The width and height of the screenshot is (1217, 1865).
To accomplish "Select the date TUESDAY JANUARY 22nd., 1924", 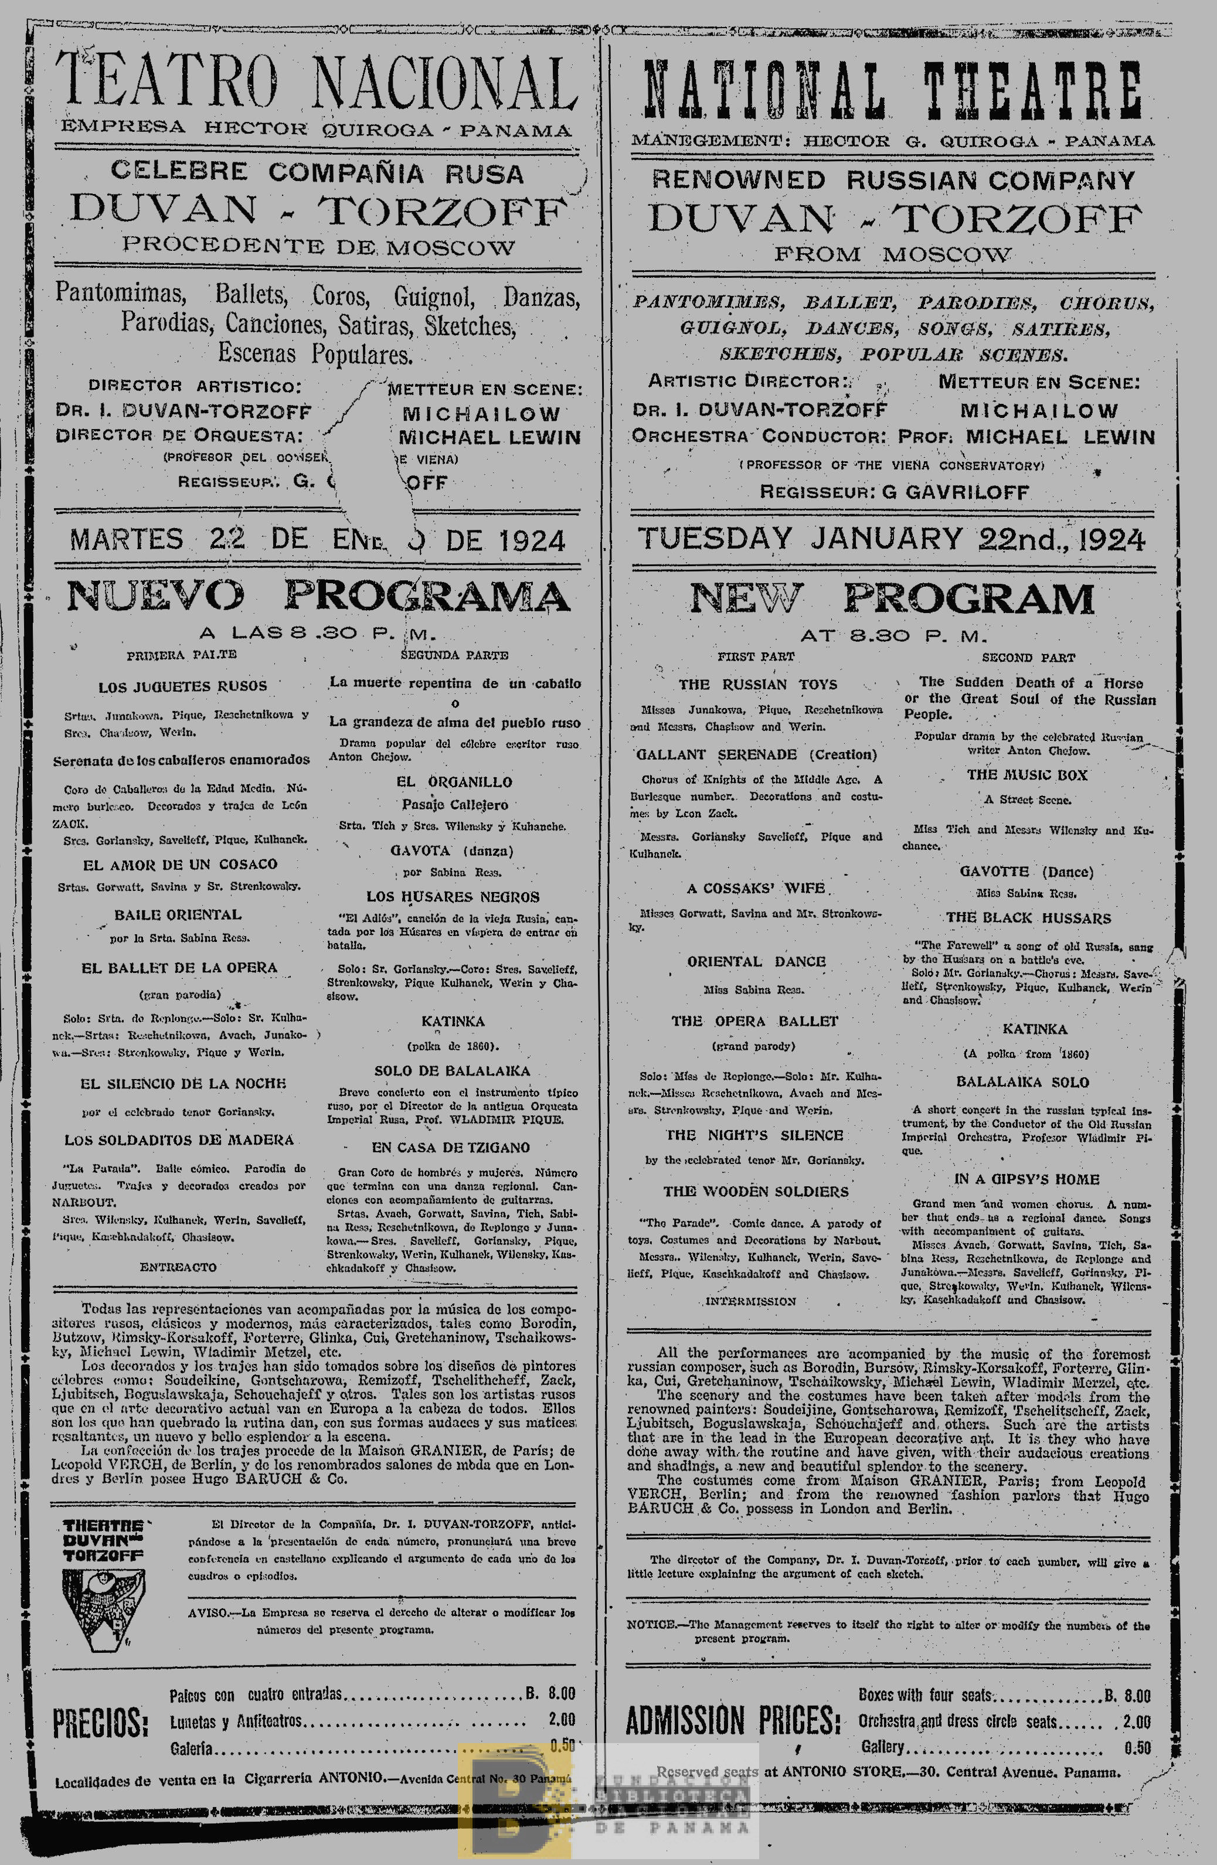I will point(891,539).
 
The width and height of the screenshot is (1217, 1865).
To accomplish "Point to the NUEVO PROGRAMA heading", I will point(317,596).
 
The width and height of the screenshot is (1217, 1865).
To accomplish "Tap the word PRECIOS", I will point(100,1723).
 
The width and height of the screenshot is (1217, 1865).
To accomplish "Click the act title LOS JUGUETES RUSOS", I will point(182,686).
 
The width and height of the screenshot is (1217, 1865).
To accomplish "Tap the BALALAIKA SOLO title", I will point(1022,1082).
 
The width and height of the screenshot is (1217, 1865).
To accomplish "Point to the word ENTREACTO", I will point(178,1267).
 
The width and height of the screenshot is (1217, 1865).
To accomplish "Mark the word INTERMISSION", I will point(751,1302).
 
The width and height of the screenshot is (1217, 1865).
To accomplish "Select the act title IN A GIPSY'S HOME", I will point(1026,1179).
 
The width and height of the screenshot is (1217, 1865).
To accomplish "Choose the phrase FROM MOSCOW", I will point(892,255).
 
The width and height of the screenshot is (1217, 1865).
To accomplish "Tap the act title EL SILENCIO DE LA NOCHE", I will point(182,1084).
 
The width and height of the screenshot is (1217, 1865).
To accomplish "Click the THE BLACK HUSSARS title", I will point(1028,918).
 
